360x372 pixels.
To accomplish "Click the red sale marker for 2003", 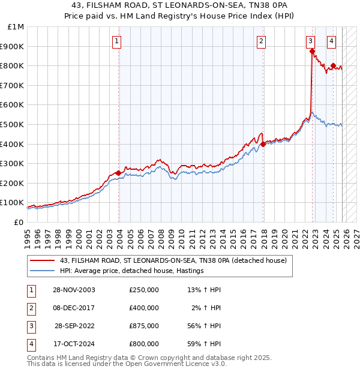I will tap(118, 173).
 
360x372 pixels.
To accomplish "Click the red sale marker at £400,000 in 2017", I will tap(263, 144).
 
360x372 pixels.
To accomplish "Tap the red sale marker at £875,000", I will tap(313, 52).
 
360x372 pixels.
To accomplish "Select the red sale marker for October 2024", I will tap(334, 66).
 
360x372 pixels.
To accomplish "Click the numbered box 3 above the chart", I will tap(310, 41).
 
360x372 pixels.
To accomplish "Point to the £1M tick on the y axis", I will tap(16, 27).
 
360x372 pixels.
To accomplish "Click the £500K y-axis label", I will tap(13, 125).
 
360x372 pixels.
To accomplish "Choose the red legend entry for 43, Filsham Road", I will tap(174, 260).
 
